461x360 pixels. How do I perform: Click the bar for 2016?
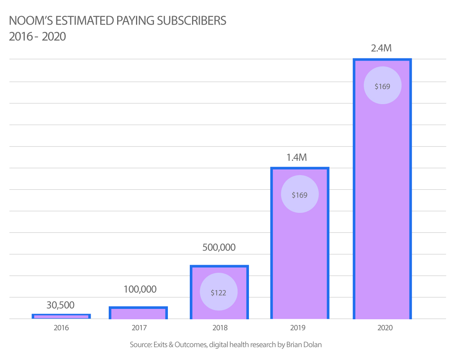point(61,317)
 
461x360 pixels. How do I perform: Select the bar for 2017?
point(138,313)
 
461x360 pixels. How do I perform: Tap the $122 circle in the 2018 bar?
point(219,292)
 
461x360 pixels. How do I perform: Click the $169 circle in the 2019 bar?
point(300,194)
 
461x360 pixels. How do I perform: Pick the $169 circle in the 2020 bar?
point(382,86)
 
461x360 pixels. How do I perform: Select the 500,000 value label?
point(219,247)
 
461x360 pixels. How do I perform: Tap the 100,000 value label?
point(140,289)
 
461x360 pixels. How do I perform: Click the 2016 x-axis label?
point(62,328)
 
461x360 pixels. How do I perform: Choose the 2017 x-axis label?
point(139,328)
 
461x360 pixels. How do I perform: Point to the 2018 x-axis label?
point(219,328)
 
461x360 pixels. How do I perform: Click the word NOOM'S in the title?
point(26,21)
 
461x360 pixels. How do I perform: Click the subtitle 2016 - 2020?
point(37,37)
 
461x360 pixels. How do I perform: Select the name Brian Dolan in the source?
point(304,345)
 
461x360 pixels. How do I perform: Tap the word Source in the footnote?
point(141,345)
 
